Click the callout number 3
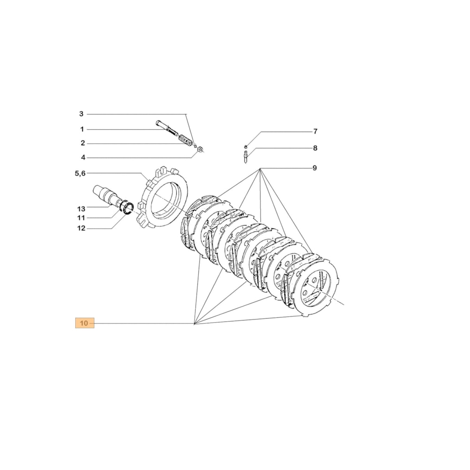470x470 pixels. coord(81,114)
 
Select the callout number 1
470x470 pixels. coord(82,129)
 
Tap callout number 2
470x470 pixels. coord(82,143)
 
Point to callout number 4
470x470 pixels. coord(82,158)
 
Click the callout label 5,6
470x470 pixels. coord(80,173)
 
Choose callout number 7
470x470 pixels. coord(315,131)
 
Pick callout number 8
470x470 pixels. coord(315,148)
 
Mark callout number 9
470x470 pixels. coord(315,168)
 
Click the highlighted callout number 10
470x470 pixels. coord(84,323)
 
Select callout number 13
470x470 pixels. coord(81,208)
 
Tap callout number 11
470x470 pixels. coord(81,218)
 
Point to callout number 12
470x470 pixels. coord(81,228)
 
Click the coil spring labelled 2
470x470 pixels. coord(186,141)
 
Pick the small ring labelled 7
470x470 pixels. coord(246,146)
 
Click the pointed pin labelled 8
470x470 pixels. coord(246,156)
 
